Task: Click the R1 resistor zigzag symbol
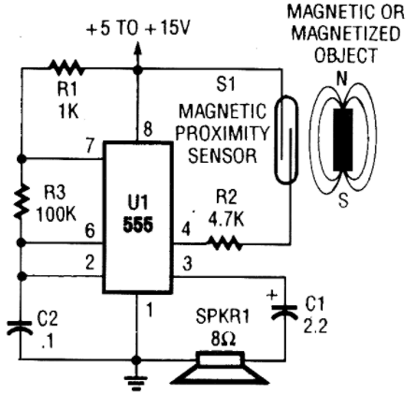coord(66,68)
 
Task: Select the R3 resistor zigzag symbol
coord(22,201)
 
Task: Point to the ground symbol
coord(137,383)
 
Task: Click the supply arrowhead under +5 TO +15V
coord(137,51)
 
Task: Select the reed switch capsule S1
coord(287,139)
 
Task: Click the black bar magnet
coord(343,139)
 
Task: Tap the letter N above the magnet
coord(342,80)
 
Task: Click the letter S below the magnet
coord(343,200)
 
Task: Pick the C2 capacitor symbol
coord(21,328)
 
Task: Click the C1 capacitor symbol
coord(284,312)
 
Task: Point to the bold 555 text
coord(138,225)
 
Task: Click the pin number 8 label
coord(148,128)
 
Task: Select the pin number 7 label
coord(90,145)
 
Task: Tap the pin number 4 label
coord(186,229)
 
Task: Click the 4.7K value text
coord(226,219)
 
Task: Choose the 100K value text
coord(56,214)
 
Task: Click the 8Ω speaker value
coord(223,338)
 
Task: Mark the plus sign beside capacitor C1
coord(272,295)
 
